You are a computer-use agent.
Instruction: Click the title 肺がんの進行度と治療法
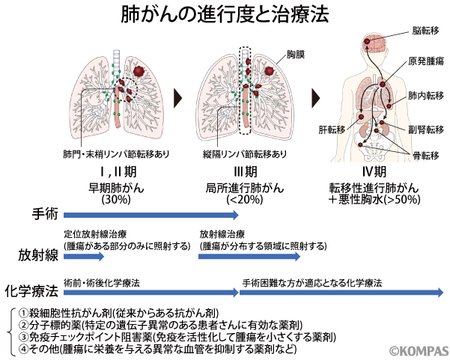[225, 15]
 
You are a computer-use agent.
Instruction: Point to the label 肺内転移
[425, 97]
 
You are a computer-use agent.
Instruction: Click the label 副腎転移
[425, 128]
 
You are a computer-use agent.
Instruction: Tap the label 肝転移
[331, 129]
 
